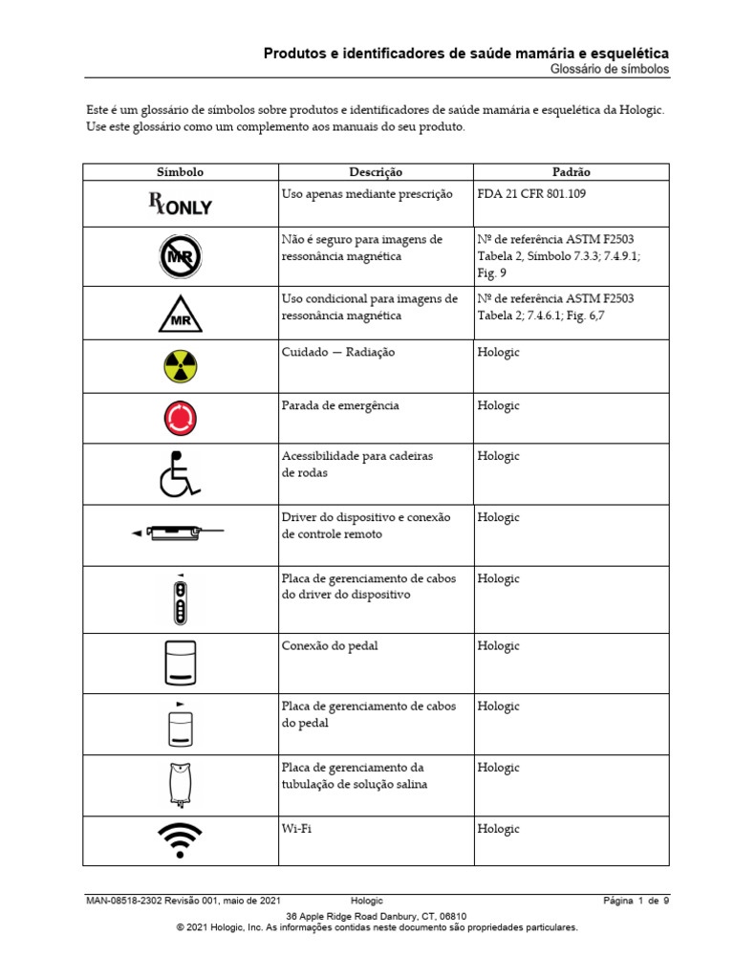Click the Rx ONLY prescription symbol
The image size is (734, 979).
[180, 204]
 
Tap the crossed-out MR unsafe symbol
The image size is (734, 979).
[180, 257]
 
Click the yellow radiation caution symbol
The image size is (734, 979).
[180, 366]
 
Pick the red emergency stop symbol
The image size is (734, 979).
[180, 418]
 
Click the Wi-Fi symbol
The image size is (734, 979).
[180, 840]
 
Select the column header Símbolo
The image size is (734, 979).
[180, 172]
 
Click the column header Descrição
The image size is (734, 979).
[376, 172]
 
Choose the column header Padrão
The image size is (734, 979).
[571, 172]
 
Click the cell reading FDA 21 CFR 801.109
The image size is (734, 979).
[531, 193]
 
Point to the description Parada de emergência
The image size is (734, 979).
[340, 405]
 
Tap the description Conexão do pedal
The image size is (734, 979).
[330, 645]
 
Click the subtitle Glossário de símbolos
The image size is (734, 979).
[610, 71]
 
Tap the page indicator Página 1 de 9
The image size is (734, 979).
[636, 901]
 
